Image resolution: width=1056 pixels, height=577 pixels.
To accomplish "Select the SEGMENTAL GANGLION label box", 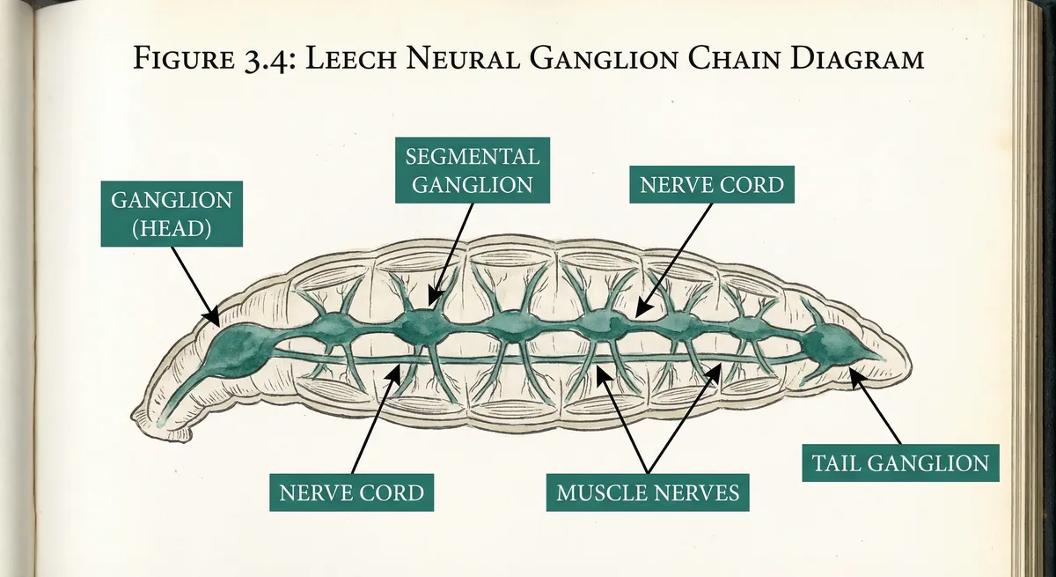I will point(472,170).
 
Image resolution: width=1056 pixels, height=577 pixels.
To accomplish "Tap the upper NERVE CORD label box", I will point(712,185).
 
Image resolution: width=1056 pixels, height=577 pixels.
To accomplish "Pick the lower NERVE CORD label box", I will point(351,492).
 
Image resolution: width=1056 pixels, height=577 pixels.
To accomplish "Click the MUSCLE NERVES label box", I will point(647,492).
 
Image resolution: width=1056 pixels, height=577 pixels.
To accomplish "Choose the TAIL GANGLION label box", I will point(899,462).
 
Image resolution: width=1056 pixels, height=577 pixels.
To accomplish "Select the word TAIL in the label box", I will point(836,462).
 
